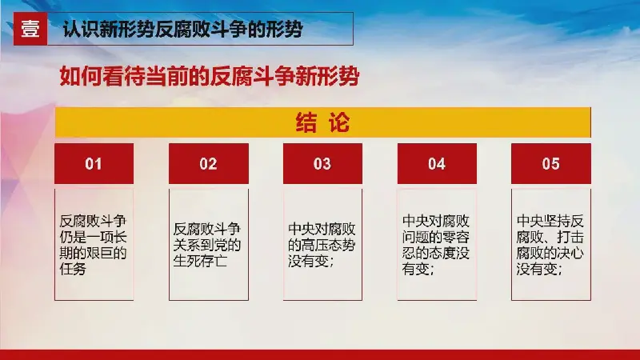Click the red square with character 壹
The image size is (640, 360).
click(30, 29)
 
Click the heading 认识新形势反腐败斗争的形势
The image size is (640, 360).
click(183, 30)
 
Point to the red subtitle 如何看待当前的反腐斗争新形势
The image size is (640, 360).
click(210, 76)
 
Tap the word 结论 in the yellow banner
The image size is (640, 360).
click(323, 122)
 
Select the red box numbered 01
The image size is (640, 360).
click(94, 164)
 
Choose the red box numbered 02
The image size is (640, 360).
click(209, 164)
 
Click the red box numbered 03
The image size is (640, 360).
click(322, 164)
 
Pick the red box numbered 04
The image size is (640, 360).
click(437, 164)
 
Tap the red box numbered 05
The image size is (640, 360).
click(551, 164)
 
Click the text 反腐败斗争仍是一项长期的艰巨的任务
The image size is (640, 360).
click(93, 245)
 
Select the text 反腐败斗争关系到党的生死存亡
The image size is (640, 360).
click(207, 245)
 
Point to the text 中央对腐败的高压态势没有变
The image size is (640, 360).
click(322, 245)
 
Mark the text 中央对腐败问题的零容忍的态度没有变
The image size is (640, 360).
click(436, 245)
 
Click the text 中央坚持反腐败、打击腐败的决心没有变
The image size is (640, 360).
click(550, 245)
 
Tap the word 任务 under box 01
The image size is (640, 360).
click(73, 269)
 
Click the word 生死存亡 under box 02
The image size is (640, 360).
click(200, 261)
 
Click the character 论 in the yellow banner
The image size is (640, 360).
click(339, 122)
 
